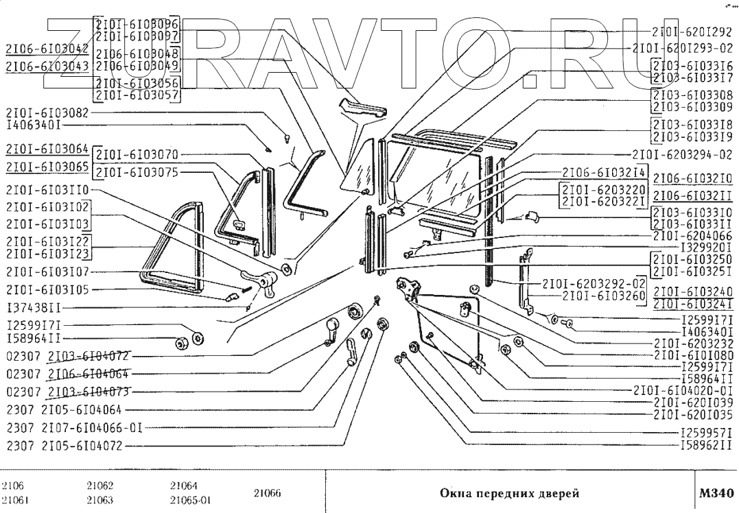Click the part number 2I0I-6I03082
coord(47,113)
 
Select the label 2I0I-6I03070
coord(137,154)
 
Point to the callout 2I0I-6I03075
coord(137,172)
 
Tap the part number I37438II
coord(34,308)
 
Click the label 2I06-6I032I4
coord(603,172)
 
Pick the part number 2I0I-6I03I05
coord(47,290)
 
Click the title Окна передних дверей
coord(508,493)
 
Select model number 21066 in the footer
coord(267,492)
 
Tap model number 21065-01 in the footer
coord(189,500)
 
